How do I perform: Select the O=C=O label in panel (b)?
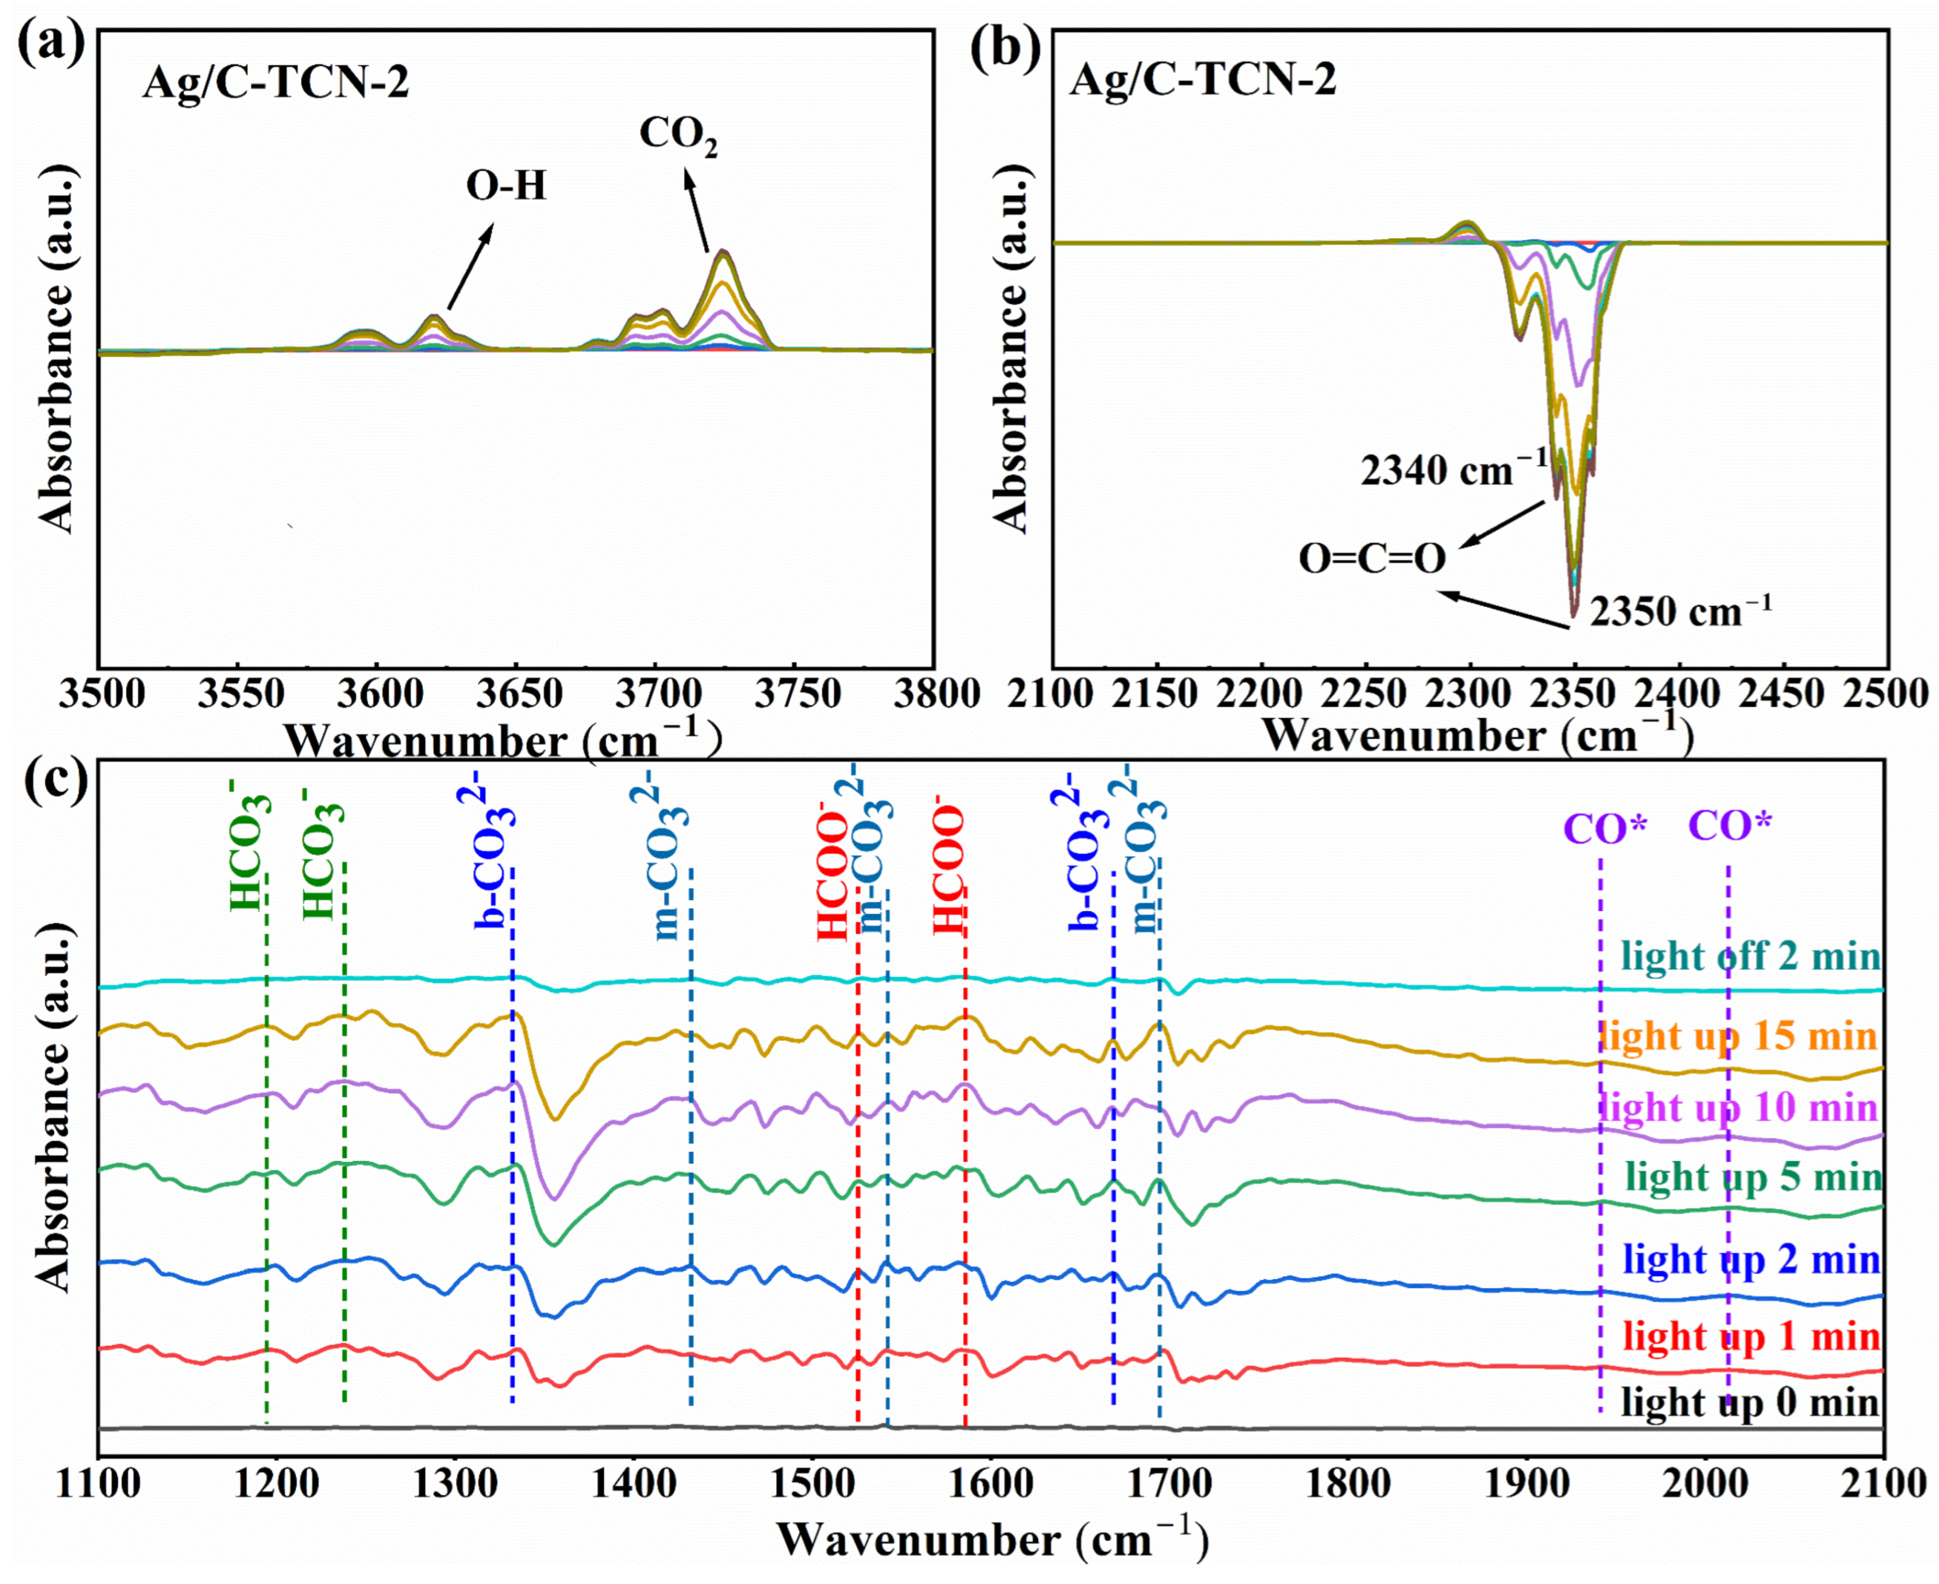(1372, 558)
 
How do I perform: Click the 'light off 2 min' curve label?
(1750, 956)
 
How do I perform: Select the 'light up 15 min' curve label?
(1738, 1035)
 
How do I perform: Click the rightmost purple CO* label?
(1729, 827)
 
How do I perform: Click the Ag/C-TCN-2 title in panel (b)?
(1203, 80)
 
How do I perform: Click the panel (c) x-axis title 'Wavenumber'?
(917, 1541)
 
